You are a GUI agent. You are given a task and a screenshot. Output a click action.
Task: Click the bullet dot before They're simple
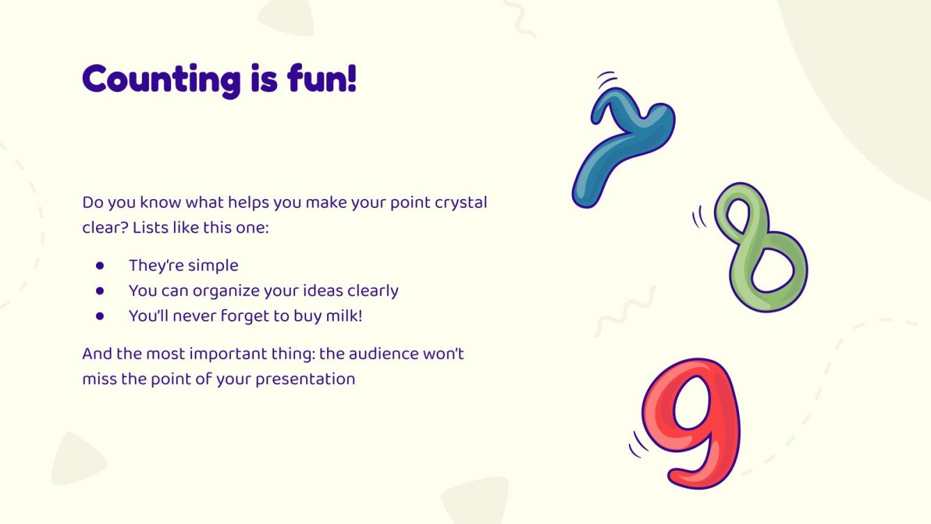point(100,265)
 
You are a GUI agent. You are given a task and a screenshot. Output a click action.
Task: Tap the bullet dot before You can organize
point(100,290)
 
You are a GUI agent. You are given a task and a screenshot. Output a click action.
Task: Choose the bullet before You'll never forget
point(100,315)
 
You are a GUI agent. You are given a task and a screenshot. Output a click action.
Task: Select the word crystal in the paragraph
point(461,203)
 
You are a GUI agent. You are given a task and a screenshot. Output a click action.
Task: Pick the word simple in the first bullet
point(212,265)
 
